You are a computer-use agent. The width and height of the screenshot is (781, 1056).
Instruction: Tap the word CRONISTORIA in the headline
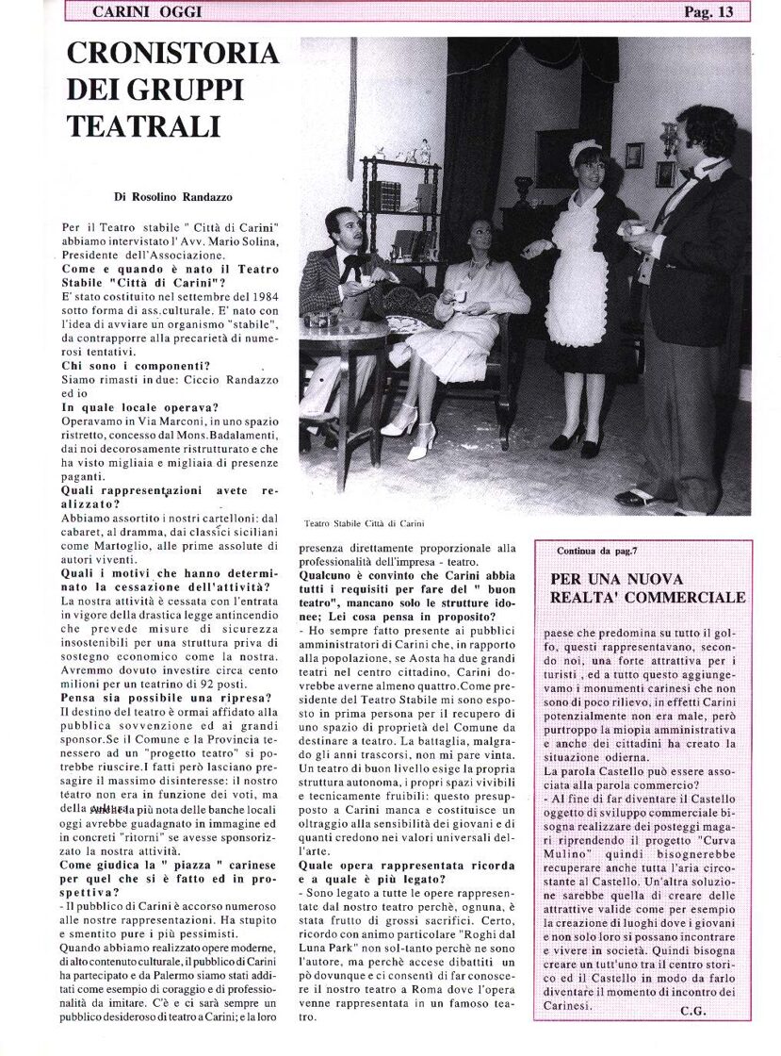point(173,55)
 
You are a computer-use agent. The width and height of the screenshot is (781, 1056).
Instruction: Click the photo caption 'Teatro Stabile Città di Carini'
point(365,522)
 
